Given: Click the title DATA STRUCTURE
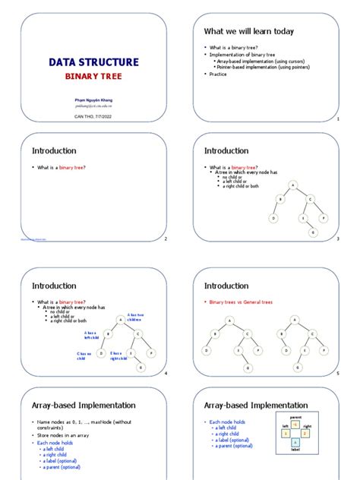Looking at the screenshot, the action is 93,62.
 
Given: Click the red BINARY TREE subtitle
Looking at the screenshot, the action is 93,77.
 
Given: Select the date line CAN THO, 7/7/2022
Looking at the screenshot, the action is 93,115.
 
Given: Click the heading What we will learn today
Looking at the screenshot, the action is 248,31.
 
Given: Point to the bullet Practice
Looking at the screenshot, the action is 219,74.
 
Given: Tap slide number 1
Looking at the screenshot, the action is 337,120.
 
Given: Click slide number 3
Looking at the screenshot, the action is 337,239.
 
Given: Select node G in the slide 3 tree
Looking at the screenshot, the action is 312,232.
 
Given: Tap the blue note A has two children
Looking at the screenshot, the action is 135,317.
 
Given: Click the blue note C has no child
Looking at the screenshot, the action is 84,355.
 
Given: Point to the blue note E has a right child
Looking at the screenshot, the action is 119,355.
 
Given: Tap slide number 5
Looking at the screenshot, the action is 337,374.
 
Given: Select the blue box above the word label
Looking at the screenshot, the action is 295,443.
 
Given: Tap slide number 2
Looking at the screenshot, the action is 165,239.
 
